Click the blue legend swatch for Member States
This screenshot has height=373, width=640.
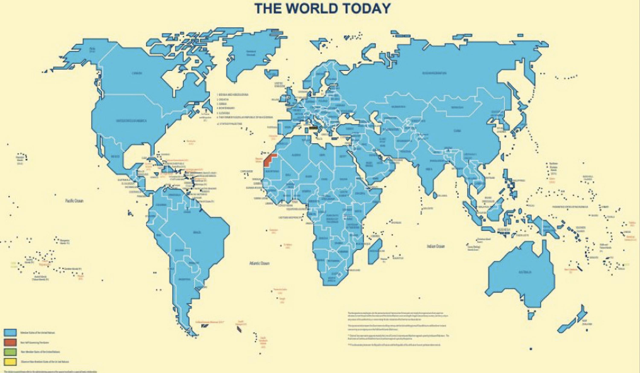tap(10, 332)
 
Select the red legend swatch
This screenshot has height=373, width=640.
tap(10, 342)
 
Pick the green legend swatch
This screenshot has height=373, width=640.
tap(10, 352)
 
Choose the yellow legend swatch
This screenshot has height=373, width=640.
tap(10, 361)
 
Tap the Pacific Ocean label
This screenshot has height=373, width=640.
tap(74, 201)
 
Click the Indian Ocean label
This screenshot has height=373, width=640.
tap(436, 246)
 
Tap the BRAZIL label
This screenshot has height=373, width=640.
tap(197, 232)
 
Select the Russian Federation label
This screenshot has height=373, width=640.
tap(434, 73)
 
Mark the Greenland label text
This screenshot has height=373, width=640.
tap(251, 53)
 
